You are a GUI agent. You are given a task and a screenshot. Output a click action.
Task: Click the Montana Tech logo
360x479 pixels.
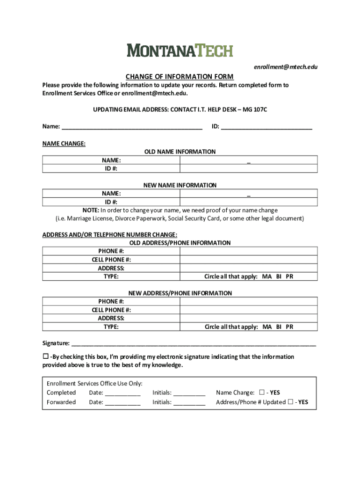(x=180, y=50)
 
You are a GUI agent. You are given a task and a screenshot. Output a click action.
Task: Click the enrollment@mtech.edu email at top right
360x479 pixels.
(x=286, y=67)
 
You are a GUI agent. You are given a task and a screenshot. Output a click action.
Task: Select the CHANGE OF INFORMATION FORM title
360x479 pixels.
(x=179, y=77)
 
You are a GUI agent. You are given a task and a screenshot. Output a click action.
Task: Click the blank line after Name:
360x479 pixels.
(x=132, y=126)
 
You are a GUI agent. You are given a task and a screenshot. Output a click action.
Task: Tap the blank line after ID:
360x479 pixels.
(x=266, y=126)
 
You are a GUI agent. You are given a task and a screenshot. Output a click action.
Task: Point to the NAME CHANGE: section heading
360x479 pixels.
(x=64, y=144)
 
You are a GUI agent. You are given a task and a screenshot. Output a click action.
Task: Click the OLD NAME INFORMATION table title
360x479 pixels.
(x=180, y=152)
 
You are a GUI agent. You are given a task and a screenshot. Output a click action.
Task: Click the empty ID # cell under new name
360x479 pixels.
(x=249, y=202)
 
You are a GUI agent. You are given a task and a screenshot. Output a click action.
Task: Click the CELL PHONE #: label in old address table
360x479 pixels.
(x=111, y=260)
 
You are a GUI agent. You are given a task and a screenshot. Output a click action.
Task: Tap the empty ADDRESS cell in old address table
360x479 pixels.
(x=249, y=268)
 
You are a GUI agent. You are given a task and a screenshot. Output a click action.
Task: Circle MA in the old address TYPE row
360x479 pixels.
(x=267, y=276)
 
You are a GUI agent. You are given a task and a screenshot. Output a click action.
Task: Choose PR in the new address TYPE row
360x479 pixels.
(x=289, y=327)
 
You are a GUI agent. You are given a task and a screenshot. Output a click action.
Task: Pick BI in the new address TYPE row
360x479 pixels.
(x=279, y=327)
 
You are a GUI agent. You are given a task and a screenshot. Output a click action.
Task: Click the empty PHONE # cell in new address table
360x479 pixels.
(x=249, y=302)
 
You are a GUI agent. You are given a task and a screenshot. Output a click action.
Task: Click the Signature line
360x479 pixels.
(x=194, y=344)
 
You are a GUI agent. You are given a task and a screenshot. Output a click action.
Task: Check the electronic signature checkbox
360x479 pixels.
(x=46, y=356)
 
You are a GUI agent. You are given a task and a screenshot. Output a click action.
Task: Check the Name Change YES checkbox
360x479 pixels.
(x=261, y=392)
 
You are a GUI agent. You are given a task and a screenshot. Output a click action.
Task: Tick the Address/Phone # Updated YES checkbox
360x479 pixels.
(x=291, y=402)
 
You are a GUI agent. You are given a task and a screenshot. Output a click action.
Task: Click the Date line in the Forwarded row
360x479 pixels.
(x=122, y=403)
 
